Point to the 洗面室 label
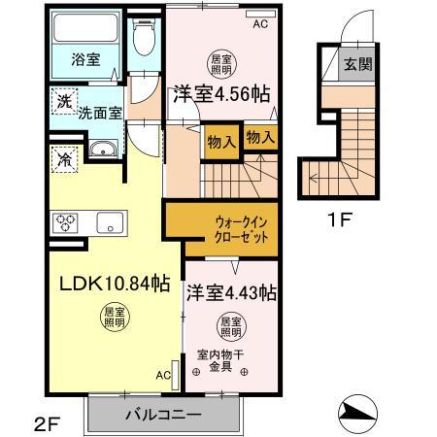point(99,112)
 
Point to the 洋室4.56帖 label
point(220,95)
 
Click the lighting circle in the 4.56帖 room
point(221,64)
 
